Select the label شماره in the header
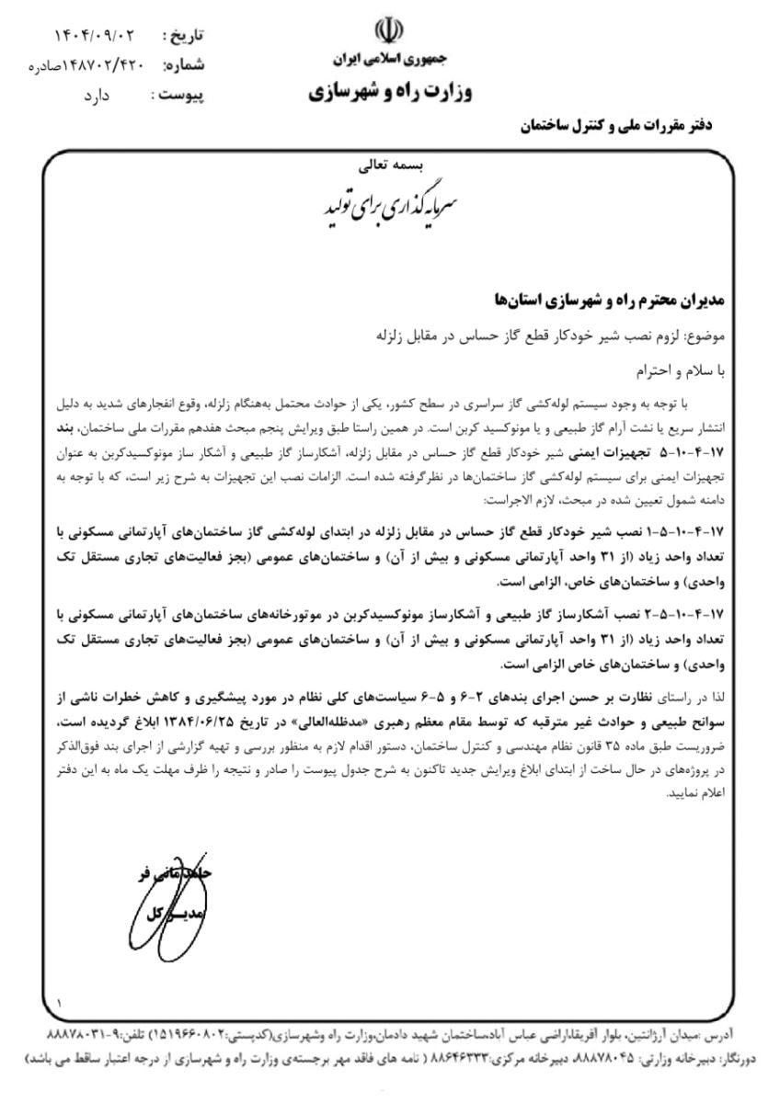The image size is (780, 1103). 183,66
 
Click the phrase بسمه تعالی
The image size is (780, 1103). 390,167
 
